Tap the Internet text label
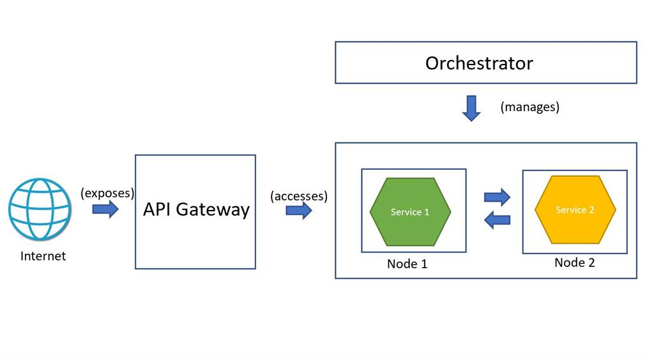point(43,256)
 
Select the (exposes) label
point(107,193)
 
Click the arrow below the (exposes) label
point(105,209)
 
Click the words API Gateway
point(195,209)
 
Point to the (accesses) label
point(298,196)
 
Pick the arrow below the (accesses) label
point(298,211)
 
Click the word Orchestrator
point(479,63)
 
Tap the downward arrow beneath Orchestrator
point(471,108)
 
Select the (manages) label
point(529,107)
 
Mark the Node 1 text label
point(407,264)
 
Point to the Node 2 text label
point(574,262)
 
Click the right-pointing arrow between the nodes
point(497,197)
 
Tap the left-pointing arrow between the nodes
point(497,220)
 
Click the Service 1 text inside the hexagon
point(410,212)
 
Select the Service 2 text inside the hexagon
point(575,210)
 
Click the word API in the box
point(156,209)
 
